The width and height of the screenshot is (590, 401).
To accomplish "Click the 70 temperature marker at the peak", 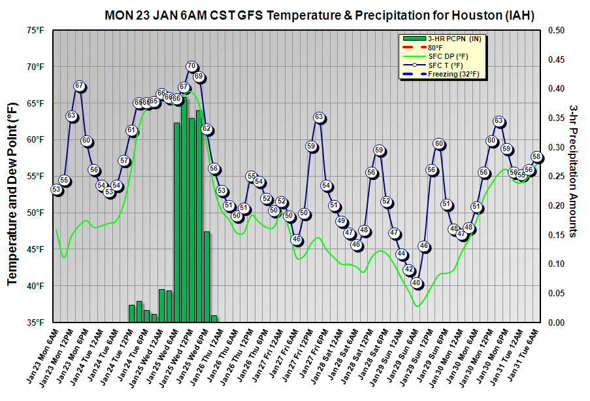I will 191,66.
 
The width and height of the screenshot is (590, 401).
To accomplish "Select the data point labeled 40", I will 416,283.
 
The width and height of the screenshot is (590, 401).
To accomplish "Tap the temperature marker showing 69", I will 199,77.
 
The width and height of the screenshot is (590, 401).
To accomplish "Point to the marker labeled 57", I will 124,160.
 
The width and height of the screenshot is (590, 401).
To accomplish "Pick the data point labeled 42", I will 409,270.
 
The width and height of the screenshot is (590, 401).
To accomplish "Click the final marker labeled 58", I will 537,156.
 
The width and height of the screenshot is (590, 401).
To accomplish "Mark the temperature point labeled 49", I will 341,221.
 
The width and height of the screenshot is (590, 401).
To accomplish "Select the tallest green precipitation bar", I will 184,209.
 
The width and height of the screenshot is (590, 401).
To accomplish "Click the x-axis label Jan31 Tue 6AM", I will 523,358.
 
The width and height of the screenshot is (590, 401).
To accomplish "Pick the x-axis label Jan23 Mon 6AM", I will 41,358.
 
